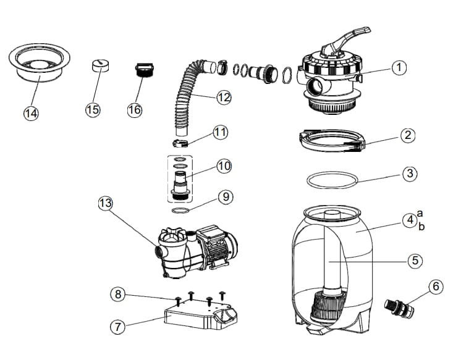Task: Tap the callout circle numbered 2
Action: tap(407, 136)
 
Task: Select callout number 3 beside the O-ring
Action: tap(409, 174)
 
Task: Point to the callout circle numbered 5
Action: tap(415, 261)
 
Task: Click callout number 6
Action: tap(436, 287)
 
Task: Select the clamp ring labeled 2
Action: tap(331, 141)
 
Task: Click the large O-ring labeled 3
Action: tap(332, 179)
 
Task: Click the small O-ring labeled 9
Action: tap(180, 211)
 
